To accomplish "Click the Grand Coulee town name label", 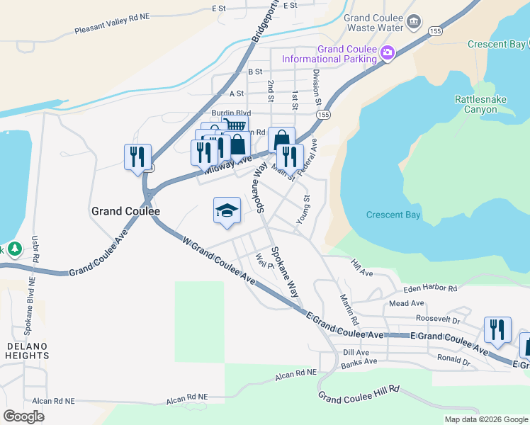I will pos(125,211).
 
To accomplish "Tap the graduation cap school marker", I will pos(227,210).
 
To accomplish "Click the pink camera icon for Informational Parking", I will pos(387,53).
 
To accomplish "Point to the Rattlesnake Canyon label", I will pos(480,104).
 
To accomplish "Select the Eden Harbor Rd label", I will pos(429,289).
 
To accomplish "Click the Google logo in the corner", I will pos(23,416).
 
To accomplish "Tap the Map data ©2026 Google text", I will pos(486,419).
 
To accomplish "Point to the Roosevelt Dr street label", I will pos(438,319).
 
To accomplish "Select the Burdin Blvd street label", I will pos(231,113).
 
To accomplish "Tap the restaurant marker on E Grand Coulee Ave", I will pos(497,330).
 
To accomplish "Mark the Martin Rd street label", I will pos(346,310).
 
